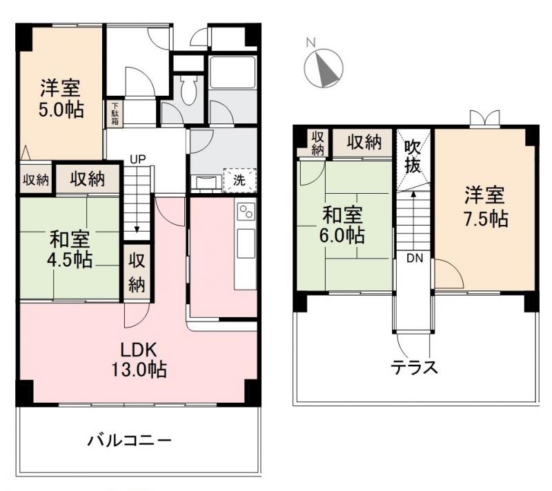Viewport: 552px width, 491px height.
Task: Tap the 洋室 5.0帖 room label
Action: (x=61, y=99)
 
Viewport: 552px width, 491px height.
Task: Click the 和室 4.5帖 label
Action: (x=70, y=249)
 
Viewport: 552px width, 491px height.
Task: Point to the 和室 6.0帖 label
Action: (x=342, y=224)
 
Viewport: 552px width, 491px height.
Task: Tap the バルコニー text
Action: (x=129, y=440)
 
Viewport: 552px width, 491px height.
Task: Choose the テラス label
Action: (x=415, y=366)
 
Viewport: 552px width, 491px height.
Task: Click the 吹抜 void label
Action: (x=413, y=157)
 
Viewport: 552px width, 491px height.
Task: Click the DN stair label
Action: (x=414, y=259)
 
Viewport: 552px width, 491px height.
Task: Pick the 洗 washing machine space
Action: (x=239, y=181)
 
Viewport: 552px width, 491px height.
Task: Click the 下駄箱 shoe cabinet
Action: (x=112, y=114)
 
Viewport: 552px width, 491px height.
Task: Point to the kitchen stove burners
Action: (x=246, y=211)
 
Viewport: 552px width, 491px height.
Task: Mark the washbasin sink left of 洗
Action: (x=206, y=182)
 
